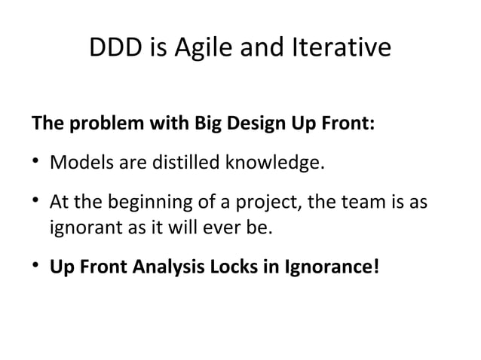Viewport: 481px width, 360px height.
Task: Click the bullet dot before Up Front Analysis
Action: [x=35, y=266]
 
